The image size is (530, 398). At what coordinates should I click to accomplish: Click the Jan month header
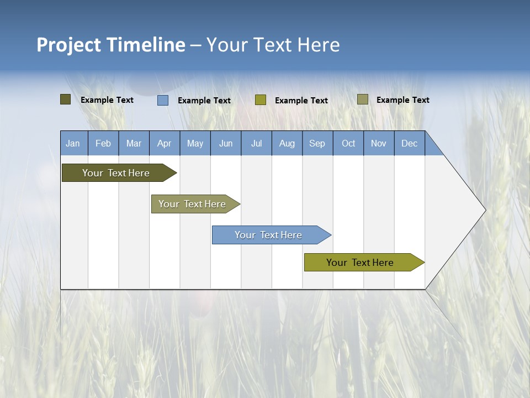coord(73,143)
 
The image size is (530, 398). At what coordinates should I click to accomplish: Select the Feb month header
coord(103,143)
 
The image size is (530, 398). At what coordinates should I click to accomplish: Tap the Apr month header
coord(165,143)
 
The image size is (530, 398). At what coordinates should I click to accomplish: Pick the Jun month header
coord(226,143)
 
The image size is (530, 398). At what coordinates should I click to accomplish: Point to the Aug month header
coord(287,143)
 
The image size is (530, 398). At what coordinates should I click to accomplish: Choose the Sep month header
coord(317,143)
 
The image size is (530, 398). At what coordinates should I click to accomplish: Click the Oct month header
coord(348,143)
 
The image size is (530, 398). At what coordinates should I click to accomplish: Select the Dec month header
coord(410,143)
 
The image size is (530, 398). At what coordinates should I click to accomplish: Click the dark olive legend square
coord(65,99)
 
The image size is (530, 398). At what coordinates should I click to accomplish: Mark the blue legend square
coord(163,100)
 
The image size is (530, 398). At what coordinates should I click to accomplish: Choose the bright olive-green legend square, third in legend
coord(261,100)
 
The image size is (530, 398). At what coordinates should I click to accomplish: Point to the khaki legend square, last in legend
coord(362,99)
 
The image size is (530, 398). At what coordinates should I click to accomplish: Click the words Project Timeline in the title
coord(110,45)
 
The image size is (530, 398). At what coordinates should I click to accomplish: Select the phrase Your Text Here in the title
coord(273,45)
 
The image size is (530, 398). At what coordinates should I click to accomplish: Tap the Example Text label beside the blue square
coord(204,101)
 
